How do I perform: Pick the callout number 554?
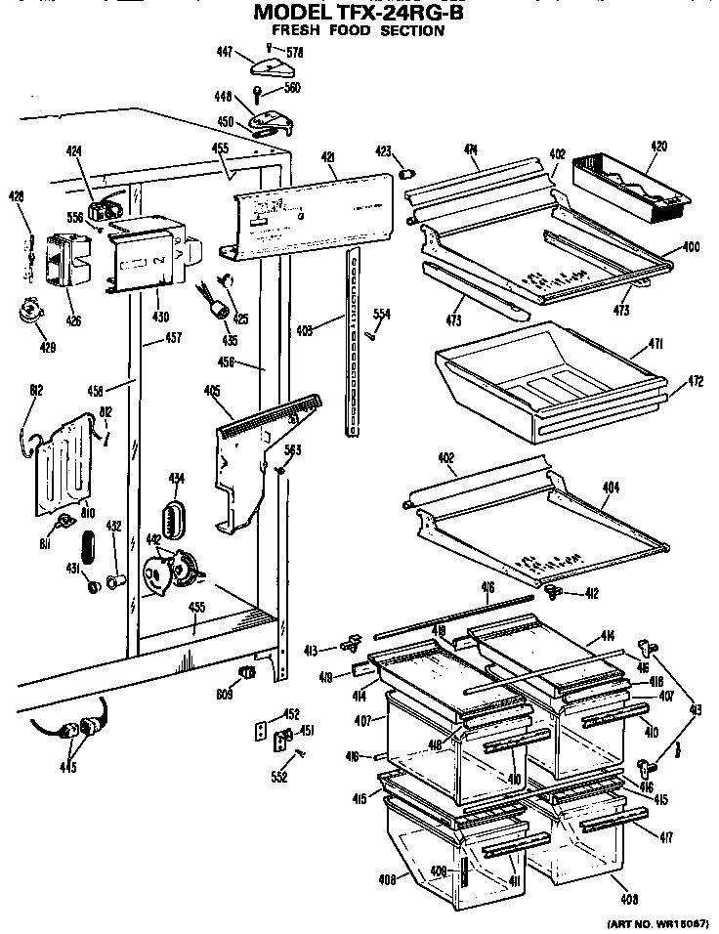(x=382, y=314)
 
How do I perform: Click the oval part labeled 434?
(x=176, y=517)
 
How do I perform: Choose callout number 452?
(x=290, y=713)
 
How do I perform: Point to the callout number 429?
(x=47, y=347)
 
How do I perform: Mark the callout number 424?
(x=74, y=151)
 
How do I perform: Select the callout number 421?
(x=328, y=157)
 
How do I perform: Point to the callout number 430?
(x=159, y=316)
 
